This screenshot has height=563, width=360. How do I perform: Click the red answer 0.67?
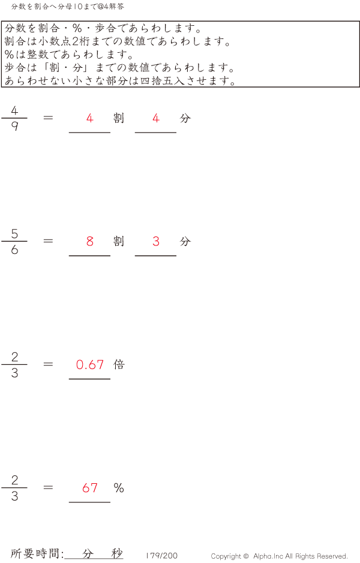[x=90, y=364]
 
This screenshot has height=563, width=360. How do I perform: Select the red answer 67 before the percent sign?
[x=90, y=488]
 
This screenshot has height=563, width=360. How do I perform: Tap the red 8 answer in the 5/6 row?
[x=90, y=241]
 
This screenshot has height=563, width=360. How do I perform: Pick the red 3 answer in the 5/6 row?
[x=156, y=241]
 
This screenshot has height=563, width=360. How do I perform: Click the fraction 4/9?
[x=14, y=118]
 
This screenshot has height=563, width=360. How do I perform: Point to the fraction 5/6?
[x=14, y=241]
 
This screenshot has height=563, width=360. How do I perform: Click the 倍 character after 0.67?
[x=119, y=364]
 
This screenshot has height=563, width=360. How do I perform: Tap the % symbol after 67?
[x=119, y=488]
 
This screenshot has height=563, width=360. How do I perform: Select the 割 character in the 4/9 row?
[x=119, y=118]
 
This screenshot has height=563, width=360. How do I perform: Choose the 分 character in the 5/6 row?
[x=185, y=241]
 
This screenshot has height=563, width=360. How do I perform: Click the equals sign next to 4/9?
[x=49, y=118]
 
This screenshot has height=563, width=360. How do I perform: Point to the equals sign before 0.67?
[x=49, y=364]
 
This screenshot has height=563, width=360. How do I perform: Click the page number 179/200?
[x=161, y=556]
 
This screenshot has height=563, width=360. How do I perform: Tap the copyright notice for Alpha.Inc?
[x=279, y=556]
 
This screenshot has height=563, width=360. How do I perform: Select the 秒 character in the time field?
[x=116, y=553]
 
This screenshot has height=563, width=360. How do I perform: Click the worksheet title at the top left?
[x=68, y=7]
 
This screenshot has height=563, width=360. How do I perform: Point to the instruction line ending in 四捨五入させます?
[x=120, y=81]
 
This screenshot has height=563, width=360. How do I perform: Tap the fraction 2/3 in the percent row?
[x=14, y=488]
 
